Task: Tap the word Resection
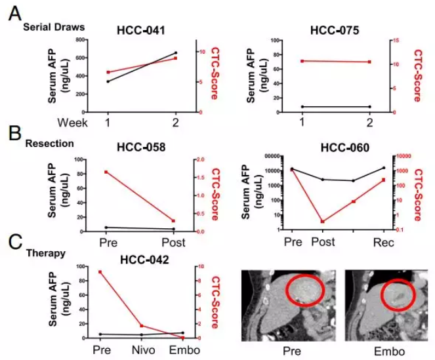coord(49,142)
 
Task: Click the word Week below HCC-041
coord(72,123)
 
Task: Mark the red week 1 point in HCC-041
coord(108,72)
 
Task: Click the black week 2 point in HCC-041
coord(175,53)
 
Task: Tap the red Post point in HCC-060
coord(322,222)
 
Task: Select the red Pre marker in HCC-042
coord(100,271)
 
